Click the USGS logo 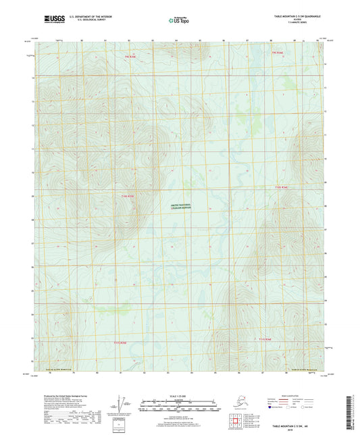[x=51, y=18]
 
